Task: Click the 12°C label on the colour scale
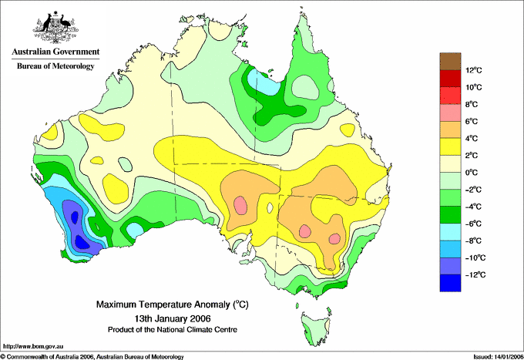pyautogui.click(x=474, y=70)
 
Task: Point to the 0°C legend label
pyautogui.click(x=472, y=173)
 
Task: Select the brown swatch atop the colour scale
pyautogui.click(x=451, y=62)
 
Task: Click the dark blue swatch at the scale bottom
pyautogui.click(x=451, y=283)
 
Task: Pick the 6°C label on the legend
pyautogui.click(x=472, y=121)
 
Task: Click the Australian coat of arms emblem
pyautogui.click(x=55, y=27)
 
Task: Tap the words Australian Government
pyautogui.click(x=55, y=52)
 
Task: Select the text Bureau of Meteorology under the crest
pyautogui.click(x=55, y=66)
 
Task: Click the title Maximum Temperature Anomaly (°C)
pyautogui.click(x=173, y=304)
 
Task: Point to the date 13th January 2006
pyautogui.click(x=173, y=318)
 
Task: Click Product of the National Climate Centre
pyautogui.click(x=173, y=330)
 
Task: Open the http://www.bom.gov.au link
pyautogui.click(x=33, y=347)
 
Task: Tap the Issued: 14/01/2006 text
pyautogui.click(x=498, y=357)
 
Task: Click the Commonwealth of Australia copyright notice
pyautogui.click(x=92, y=357)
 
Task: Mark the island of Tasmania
pyautogui.click(x=316, y=328)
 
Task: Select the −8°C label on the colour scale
pyautogui.click(x=474, y=241)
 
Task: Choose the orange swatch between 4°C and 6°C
pyautogui.click(x=451, y=130)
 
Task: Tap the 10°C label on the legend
pyautogui.click(x=474, y=87)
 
